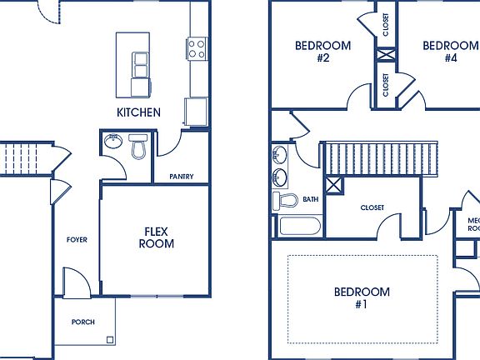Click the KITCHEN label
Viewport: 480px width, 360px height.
click(x=138, y=112)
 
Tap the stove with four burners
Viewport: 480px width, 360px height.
click(x=197, y=49)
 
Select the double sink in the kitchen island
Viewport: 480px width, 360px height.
click(x=139, y=60)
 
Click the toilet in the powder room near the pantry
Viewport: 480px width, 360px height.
click(x=139, y=148)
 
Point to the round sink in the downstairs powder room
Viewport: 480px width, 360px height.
click(x=113, y=142)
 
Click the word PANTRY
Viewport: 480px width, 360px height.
click(x=182, y=177)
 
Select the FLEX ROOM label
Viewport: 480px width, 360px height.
click(x=156, y=237)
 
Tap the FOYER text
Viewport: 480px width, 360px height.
click(x=77, y=240)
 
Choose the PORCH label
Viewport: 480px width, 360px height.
click(x=82, y=322)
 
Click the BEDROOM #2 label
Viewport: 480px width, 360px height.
click(x=323, y=52)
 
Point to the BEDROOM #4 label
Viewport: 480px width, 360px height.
click(x=450, y=52)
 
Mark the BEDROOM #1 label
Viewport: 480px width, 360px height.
click(x=362, y=298)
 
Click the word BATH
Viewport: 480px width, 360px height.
click(x=310, y=199)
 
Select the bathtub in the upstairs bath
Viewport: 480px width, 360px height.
click(x=298, y=227)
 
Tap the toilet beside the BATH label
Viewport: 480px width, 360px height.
click(x=286, y=201)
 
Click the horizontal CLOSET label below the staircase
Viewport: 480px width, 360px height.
click(x=372, y=207)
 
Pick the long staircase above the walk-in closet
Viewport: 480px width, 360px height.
click(x=380, y=157)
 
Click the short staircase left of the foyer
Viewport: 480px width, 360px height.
click(x=18, y=157)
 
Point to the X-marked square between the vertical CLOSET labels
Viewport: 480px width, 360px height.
click(x=386, y=57)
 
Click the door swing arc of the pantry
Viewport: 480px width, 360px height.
click(x=167, y=147)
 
